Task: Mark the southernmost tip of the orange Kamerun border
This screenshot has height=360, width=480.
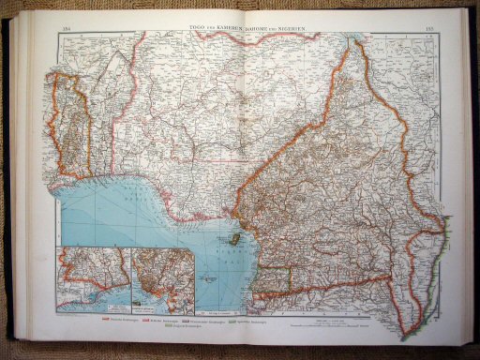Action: tap(404, 336)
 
